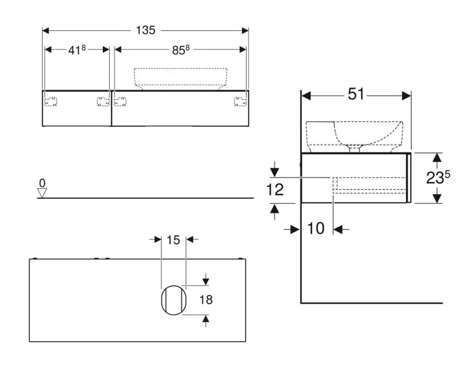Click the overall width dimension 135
pyautogui.click(x=146, y=30)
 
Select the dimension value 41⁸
pyautogui.click(x=77, y=50)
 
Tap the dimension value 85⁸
pyautogui.click(x=181, y=50)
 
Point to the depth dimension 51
pyautogui.click(x=356, y=94)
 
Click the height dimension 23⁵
pyautogui.click(x=438, y=178)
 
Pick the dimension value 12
pyautogui.click(x=275, y=189)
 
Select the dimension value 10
pyautogui.click(x=316, y=228)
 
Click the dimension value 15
pyautogui.click(x=173, y=239)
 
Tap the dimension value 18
pyautogui.click(x=206, y=300)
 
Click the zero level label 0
pyautogui.click(x=42, y=183)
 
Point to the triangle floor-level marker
pyautogui.click(x=42, y=192)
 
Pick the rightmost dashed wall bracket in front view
pyautogui.click(x=240, y=102)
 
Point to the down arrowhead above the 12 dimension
pyautogui.click(x=275, y=172)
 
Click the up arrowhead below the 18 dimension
pyautogui.click(x=205, y=318)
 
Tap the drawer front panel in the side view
pyautogui.click(x=409, y=178)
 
